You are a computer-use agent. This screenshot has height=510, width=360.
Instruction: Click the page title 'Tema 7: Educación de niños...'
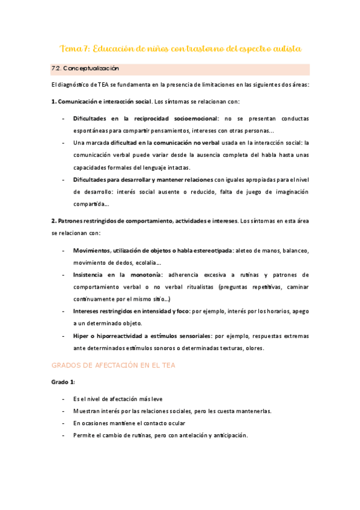click(180, 48)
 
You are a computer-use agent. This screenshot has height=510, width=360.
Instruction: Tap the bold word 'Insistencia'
click(90, 274)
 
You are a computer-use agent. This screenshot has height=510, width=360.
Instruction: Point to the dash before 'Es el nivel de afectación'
click(64, 399)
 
